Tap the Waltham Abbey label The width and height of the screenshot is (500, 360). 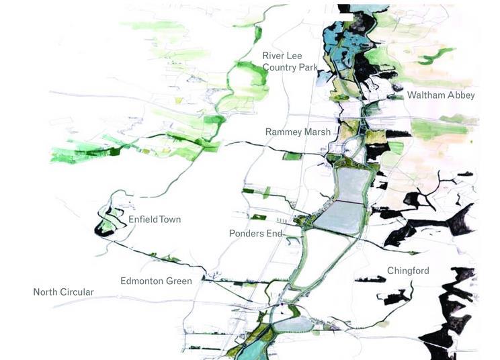441,95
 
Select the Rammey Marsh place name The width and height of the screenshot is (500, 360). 298,132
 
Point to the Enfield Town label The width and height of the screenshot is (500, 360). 155,220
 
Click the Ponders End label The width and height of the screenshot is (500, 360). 255,234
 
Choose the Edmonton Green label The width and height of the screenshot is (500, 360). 156,281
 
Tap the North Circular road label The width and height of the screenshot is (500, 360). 63,292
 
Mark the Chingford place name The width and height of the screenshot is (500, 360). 408,271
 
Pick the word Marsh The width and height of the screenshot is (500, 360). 316,132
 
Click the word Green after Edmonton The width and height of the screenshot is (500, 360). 178,281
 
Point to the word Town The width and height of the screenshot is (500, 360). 169,220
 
